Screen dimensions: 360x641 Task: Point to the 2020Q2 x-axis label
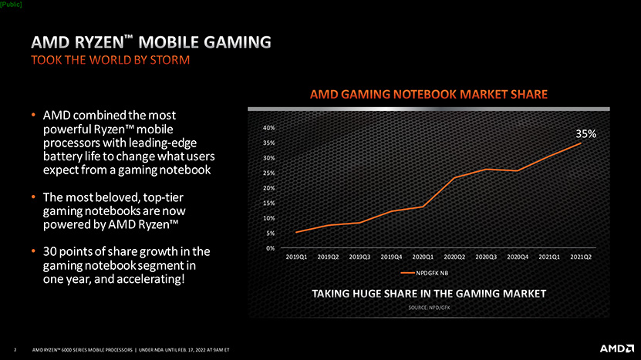pyautogui.click(x=454, y=257)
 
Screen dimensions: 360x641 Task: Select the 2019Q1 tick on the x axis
pyautogui.click(x=296, y=257)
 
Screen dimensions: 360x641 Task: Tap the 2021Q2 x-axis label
pyautogui.click(x=581, y=257)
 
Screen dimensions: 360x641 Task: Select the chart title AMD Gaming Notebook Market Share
pyautogui.click(x=429, y=95)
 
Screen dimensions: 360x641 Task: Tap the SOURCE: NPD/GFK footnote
pyautogui.click(x=429, y=307)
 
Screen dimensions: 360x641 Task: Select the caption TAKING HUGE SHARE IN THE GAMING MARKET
pyautogui.click(x=429, y=294)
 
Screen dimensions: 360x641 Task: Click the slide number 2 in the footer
pyautogui.click(x=15, y=348)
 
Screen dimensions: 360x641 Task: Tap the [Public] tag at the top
pyautogui.click(x=12, y=5)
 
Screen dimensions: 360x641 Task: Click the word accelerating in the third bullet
pyautogui.click(x=151, y=279)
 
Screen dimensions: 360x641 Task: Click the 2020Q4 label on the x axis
pyautogui.click(x=518, y=257)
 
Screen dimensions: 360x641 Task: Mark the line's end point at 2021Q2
pyautogui.click(x=580, y=143)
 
